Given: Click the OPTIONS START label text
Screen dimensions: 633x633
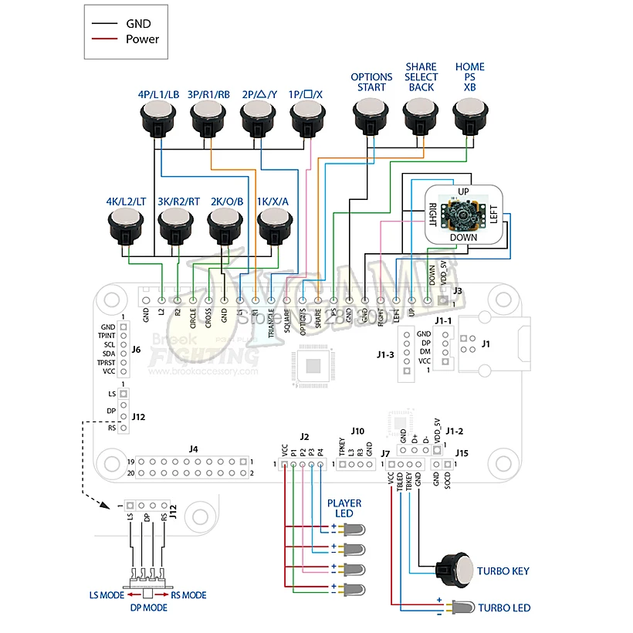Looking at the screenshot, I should [371, 82].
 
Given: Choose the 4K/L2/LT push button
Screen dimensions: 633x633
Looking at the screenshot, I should [126, 226].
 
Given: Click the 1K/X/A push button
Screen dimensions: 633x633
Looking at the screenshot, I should [276, 226].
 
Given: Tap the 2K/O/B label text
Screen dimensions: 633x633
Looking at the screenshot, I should [225, 201].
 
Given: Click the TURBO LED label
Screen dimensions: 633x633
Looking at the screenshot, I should [505, 608].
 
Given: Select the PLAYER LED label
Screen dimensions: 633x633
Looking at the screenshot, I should [344, 508].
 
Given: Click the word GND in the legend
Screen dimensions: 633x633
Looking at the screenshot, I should [139, 23].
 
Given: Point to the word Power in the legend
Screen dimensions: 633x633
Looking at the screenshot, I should [143, 39].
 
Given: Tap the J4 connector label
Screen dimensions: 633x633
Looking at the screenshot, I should [193, 448].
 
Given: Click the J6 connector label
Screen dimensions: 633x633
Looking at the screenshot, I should [136, 349].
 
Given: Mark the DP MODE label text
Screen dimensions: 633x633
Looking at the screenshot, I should [148, 608].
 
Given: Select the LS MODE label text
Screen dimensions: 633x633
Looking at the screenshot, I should [108, 595].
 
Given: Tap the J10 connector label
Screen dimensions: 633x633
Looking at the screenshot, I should [357, 431].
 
